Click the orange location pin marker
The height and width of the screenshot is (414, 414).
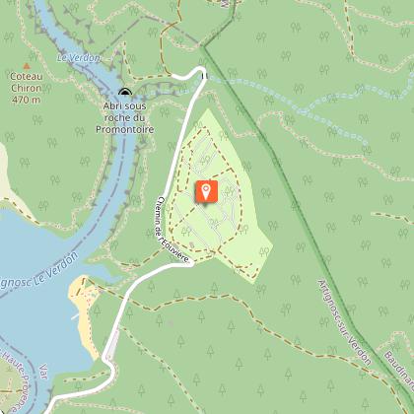206,191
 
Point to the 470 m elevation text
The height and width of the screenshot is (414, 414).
27,100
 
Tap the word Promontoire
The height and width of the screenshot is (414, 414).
125,128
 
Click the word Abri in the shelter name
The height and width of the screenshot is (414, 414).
111,106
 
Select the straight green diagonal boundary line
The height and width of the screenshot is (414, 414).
286,177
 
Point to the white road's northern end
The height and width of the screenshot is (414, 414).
202,71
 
